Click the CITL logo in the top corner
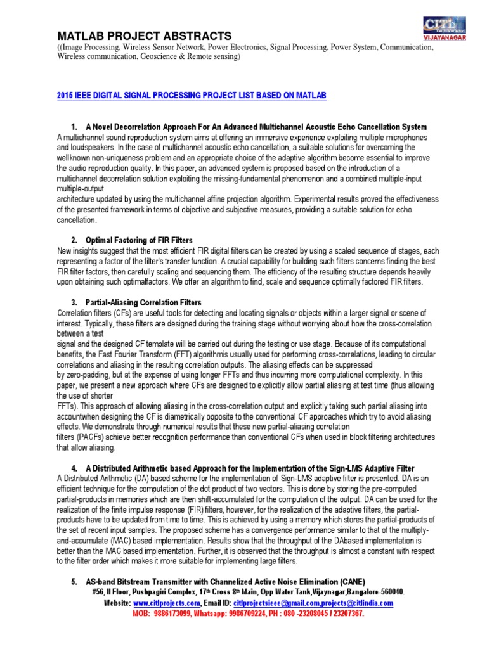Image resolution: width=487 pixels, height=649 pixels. (x=448, y=26)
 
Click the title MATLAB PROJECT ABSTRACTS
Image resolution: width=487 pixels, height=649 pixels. (x=145, y=35)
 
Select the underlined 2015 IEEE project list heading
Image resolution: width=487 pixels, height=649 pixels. (x=192, y=95)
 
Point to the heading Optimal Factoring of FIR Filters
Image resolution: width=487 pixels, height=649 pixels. (x=139, y=241)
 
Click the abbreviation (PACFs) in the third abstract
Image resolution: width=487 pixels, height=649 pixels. (x=81, y=437)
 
